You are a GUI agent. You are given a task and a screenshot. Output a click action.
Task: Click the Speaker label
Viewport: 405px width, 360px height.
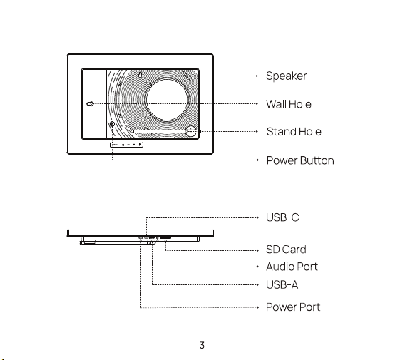pyautogui.click(x=286, y=76)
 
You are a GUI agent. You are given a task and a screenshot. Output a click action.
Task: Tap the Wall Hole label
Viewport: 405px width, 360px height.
pyautogui.click(x=289, y=104)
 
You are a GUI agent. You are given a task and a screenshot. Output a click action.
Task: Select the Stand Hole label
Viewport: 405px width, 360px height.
pyautogui.click(x=294, y=132)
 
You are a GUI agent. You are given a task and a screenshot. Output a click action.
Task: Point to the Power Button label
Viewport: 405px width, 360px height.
pyautogui.click(x=300, y=160)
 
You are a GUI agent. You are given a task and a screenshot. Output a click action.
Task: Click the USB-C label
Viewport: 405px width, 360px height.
pyautogui.click(x=282, y=217)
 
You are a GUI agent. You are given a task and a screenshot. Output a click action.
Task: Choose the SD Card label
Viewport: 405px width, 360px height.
pyautogui.click(x=286, y=250)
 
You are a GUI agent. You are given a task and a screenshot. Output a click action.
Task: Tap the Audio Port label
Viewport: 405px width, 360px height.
pyautogui.click(x=292, y=267)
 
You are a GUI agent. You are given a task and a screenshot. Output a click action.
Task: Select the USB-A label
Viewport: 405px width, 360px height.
pyautogui.click(x=282, y=285)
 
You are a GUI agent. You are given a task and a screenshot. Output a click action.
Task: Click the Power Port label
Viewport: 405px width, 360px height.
pyautogui.click(x=293, y=307)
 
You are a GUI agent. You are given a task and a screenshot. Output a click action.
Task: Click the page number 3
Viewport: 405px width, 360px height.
pyautogui.click(x=202, y=345)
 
